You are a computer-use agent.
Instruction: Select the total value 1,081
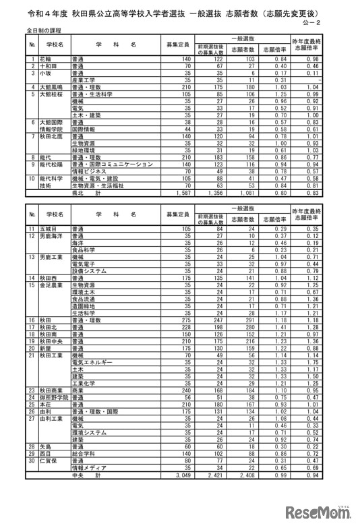click(x=244, y=192)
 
